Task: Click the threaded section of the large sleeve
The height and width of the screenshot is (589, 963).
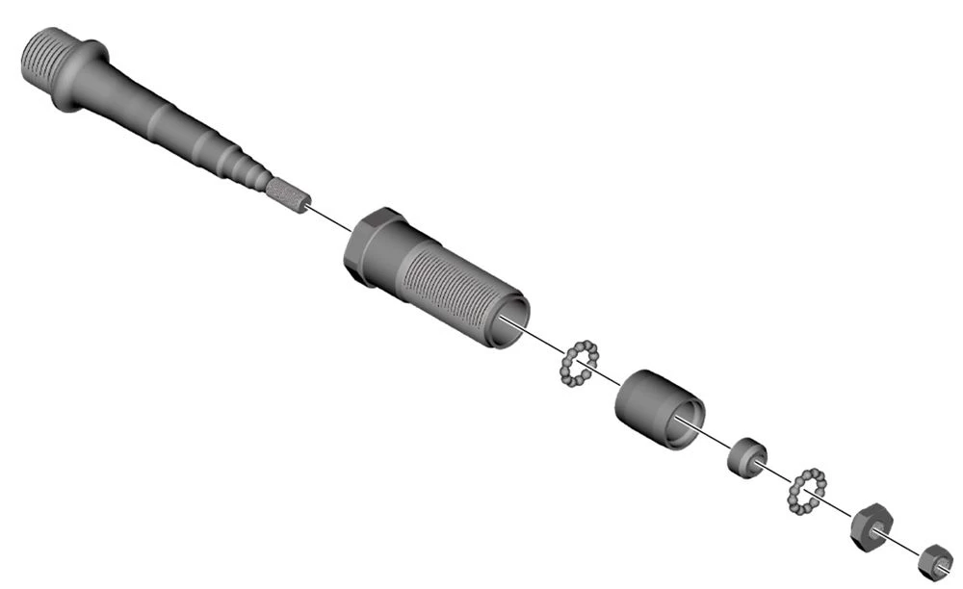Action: [448, 290]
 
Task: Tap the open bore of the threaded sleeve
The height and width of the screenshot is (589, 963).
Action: [510, 321]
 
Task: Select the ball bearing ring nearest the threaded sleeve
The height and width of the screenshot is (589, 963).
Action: [579, 363]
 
